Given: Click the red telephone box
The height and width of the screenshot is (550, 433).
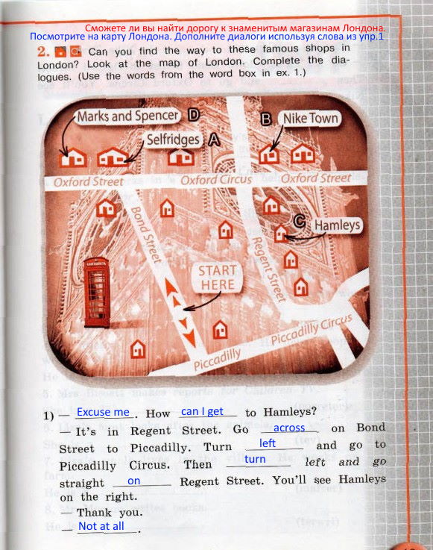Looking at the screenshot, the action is click(96, 293).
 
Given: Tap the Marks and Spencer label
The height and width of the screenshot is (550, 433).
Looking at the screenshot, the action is click(128, 116).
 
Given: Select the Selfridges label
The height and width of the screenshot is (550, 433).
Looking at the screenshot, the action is click(173, 140).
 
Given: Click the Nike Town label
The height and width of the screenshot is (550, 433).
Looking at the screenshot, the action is click(310, 119).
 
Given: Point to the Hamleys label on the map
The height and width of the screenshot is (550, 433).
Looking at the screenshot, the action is click(337, 225).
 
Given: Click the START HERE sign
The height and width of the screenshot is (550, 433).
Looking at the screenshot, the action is click(217, 278).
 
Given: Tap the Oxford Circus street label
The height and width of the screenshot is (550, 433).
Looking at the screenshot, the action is click(216, 180).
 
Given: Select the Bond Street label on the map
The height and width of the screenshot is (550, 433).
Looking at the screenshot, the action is click(146, 234).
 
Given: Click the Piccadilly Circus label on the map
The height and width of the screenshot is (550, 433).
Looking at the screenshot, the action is click(312, 329).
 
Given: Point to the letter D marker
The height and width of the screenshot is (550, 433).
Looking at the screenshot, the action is click(193, 115).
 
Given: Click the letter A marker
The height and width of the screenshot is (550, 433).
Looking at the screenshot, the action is click(215, 140).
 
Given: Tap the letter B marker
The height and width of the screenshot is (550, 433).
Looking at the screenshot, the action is click(266, 119).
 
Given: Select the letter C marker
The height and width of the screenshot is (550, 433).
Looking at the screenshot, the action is click(300, 222).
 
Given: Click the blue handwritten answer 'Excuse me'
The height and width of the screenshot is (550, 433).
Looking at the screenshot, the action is click(103, 412).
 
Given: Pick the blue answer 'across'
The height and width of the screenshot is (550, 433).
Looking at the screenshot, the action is click(289, 428).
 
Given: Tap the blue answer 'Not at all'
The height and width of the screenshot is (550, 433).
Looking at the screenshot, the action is click(101, 526).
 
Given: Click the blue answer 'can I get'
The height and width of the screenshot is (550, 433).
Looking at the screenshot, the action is click(202, 411).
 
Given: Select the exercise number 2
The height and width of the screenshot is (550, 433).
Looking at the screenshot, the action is click(42, 52).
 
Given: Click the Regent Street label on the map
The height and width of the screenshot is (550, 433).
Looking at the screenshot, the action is click(269, 269).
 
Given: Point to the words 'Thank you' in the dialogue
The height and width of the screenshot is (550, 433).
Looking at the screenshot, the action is click(110, 513).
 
